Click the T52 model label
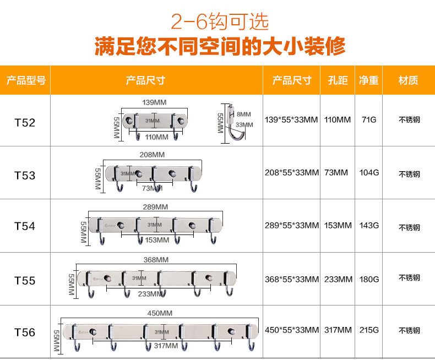click(x=25, y=123)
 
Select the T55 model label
click(x=25, y=281)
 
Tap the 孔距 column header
click(x=338, y=80)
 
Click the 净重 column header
click(x=368, y=80)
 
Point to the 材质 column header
click(x=408, y=80)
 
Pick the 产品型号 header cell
click(x=26, y=80)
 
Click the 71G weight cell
click(x=369, y=120)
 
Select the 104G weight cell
click(x=369, y=172)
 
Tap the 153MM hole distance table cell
click(x=338, y=225)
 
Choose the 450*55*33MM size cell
click(x=292, y=330)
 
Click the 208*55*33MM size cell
click(x=292, y=172)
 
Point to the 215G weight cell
click(x=369, y=330)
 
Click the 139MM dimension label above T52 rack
click(x=154, y=102)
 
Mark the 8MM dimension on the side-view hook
click(x=243, y=114)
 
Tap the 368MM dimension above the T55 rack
click(x=156, y=260)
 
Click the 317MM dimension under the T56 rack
click(x=166, y=346)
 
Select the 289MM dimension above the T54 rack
click(x=155, y=207)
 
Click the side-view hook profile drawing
click(x=235, y=122)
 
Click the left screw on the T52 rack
click(x=129, y=121)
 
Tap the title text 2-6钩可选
click(x=220, y=21)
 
